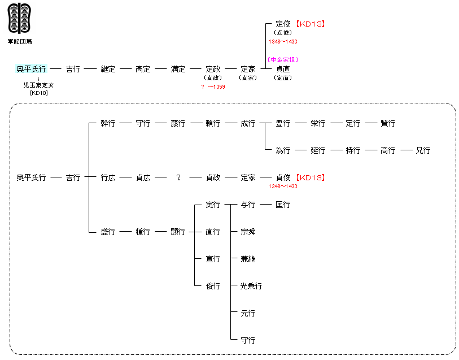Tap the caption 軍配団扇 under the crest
20,42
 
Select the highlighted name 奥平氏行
31,69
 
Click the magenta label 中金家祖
283,59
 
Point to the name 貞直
283,69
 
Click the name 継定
108,69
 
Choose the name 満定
178,69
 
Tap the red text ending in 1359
213,86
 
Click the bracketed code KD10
39,93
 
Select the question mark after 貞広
178,177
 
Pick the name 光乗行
251,286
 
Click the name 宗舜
248,232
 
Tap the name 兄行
423,150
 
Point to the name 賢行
388,123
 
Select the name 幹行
108,123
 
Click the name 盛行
108,232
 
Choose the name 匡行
283,205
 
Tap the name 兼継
248,259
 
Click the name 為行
283,150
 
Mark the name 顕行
178,232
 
